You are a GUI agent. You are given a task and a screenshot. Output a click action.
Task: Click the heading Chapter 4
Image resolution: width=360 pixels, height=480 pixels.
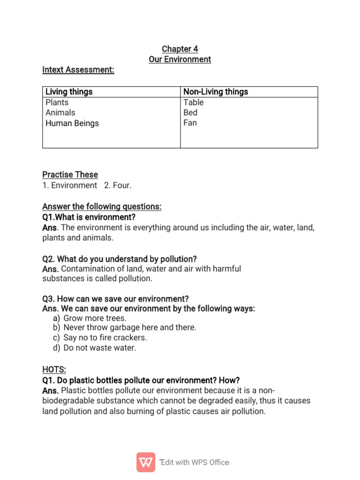coord(180,49)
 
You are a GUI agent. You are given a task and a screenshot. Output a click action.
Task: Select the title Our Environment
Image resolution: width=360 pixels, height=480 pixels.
coord(180,60)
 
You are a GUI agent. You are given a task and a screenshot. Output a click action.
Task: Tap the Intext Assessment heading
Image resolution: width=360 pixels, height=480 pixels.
coord(78,70)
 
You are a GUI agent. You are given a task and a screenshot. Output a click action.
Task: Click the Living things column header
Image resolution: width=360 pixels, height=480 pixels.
coord(69,92)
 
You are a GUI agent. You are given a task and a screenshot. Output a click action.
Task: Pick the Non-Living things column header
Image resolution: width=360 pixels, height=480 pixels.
coord(216,92)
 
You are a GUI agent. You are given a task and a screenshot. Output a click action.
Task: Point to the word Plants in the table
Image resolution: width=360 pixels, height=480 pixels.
coord(57,102)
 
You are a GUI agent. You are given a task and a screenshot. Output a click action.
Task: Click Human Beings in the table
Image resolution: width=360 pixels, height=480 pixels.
coord(72,123)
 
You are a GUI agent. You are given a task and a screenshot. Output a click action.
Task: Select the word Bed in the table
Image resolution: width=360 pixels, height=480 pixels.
coord(190,112)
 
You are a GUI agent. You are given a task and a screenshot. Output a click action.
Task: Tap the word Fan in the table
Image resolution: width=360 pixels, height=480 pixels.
coord(190,123)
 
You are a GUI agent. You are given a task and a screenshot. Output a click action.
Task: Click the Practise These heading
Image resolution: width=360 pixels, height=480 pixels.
coord(70,174)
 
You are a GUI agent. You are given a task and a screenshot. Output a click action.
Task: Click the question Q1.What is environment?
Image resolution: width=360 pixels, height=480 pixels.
coord(89,217)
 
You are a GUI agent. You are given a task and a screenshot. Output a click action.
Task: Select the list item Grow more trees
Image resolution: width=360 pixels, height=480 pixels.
coord(95,318)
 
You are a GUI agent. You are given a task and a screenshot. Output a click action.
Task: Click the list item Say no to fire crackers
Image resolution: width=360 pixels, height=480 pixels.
coord(105,337)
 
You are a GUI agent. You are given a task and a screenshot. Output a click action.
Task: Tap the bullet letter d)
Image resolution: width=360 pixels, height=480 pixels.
coord(57,348)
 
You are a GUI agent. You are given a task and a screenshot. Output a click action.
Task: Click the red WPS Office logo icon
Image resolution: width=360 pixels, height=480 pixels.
coord(146,462)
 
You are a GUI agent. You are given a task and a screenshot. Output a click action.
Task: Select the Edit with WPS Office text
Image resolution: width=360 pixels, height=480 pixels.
coord(195,463)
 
